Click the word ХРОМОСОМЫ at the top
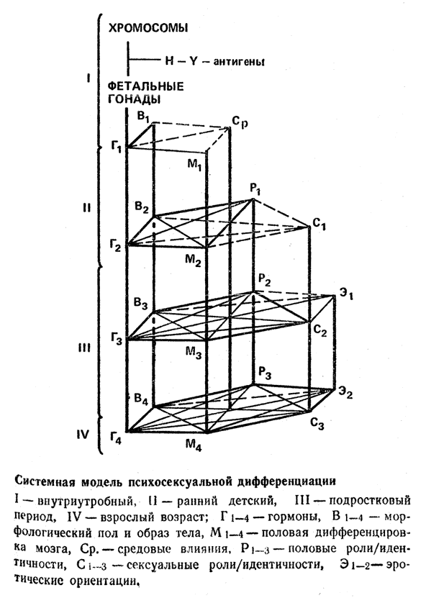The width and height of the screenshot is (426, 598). coord(148,28)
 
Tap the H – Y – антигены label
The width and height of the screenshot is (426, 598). coord(215,61)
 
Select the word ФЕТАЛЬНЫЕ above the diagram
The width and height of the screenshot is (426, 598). coord(146,86)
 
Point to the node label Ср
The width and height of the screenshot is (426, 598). coord(240,122)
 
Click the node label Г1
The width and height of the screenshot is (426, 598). coord(117,147)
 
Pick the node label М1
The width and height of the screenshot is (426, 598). coord(194,165)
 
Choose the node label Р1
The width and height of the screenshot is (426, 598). coord(255,189)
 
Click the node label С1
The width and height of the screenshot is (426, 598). coord(319,224)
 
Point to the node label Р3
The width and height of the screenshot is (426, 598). coord(264,373)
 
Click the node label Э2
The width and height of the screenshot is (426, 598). coord(345,393)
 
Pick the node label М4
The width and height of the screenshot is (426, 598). coord(194,445)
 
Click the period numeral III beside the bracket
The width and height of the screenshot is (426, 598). coord(84,348)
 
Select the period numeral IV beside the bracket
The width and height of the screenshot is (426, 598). coord(83,435)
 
